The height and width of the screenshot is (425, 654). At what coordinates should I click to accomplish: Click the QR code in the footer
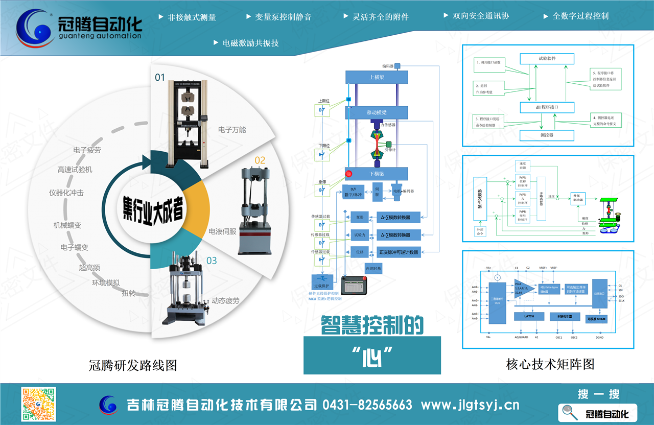click(x=38, y=405)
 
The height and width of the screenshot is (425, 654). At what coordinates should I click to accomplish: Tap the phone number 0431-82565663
click(x=367, y=405)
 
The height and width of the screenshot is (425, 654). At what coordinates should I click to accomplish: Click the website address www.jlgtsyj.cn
click(x=470, y=405)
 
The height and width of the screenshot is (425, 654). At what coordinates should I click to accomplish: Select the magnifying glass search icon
click(x=570, y=412)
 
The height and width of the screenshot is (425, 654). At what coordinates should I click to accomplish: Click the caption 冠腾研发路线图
click(x=133, y=365)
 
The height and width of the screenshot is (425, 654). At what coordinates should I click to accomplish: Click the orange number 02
click(x=260, y=160)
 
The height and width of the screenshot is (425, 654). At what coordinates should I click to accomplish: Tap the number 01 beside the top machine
click(x=160, y=78)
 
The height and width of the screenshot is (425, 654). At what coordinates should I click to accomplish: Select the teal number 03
click(x=212, y=261)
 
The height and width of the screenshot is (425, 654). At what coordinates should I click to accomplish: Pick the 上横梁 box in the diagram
click(x=377, y=77)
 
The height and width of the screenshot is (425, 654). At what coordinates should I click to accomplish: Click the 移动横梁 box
click(x=377, y=113)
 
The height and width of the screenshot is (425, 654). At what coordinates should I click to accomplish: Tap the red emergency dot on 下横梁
click(x=349, y=174)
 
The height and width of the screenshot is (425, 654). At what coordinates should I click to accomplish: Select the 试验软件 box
click(x=547, y=59)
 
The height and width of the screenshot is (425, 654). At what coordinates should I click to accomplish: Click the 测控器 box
click(x=547, y=135)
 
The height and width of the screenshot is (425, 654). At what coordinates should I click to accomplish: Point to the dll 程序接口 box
click(x=547, y=108)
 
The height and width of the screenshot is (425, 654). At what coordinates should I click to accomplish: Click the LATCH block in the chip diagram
click(x=529, y=316)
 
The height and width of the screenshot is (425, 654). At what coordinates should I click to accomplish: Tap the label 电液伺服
click(x=222, y=231)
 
